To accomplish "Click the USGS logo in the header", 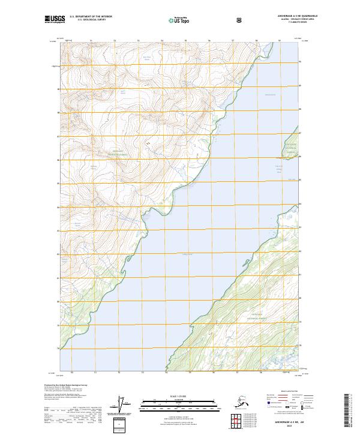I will coord(55,20).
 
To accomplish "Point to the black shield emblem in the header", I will coord(239,20).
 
